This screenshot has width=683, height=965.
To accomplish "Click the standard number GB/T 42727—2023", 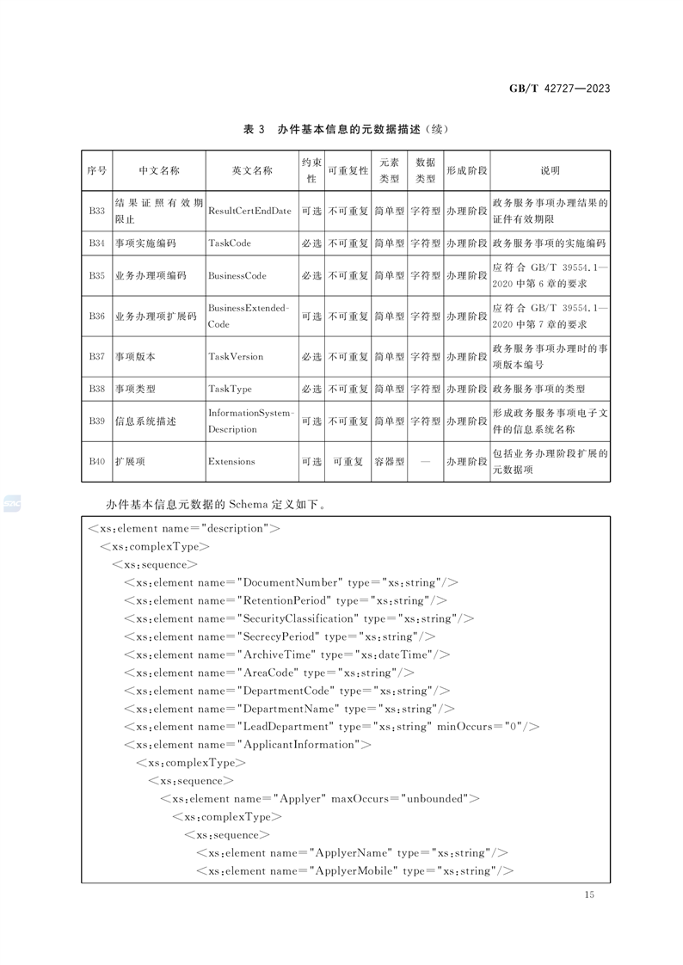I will point(560,89).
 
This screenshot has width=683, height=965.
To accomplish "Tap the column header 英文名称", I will point(251,170).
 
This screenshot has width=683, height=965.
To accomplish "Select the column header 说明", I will point(550,170).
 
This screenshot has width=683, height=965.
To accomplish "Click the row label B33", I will point(96,211).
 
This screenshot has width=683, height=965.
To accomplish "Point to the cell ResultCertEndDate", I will point(249,211).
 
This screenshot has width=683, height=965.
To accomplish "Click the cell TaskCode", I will point(230,243).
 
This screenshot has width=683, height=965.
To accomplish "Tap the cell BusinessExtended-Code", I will point(249,316).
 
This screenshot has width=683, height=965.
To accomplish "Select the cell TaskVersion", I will point(236,356).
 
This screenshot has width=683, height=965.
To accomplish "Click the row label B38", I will point(96,389).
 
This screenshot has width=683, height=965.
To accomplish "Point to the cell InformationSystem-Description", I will point(250,421).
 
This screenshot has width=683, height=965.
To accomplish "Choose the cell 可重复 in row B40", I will point(348,462).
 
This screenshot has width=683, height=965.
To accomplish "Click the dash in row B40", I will point(425,462).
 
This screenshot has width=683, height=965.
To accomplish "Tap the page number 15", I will point(588,895).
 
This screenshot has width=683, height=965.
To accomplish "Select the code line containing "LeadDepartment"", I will point(331,727).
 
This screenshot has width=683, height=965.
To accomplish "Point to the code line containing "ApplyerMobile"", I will point(354,871).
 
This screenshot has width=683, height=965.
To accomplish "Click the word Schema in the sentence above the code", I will point(249,504).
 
